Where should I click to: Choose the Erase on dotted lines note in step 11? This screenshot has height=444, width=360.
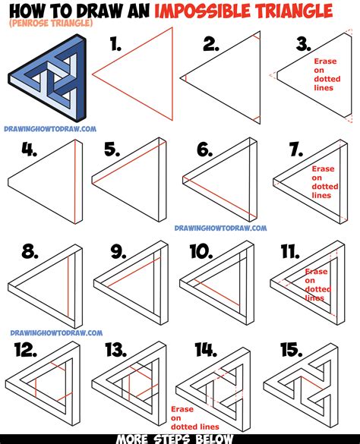316,282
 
